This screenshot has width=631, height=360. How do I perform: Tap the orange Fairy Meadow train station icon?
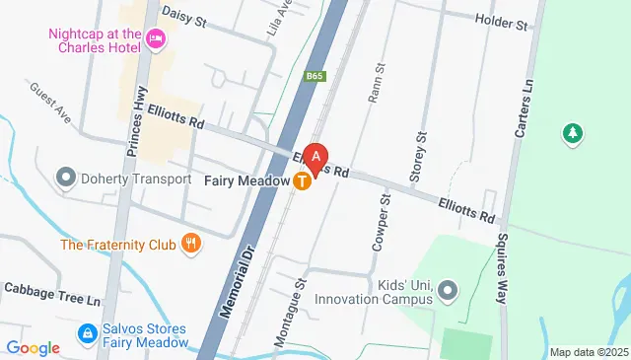304,181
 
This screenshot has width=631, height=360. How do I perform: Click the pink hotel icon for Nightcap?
155,39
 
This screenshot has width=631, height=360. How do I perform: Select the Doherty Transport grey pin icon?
67,179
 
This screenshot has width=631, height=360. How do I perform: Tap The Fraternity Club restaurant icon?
192,244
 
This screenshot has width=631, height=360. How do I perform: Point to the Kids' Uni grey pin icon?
449,290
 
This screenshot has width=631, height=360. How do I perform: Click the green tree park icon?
570,132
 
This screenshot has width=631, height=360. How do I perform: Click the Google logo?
32,347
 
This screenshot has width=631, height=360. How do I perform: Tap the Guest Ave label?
50,103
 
